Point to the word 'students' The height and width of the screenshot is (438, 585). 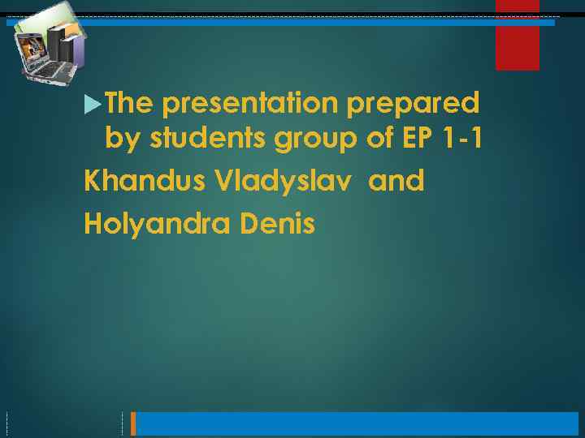coord(206,140)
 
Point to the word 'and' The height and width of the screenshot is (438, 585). coord(396,181)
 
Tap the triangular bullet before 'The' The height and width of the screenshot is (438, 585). coord(93,104)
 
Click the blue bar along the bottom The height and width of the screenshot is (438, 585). coord(357,423)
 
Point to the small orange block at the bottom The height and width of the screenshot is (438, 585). coord(134,423)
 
